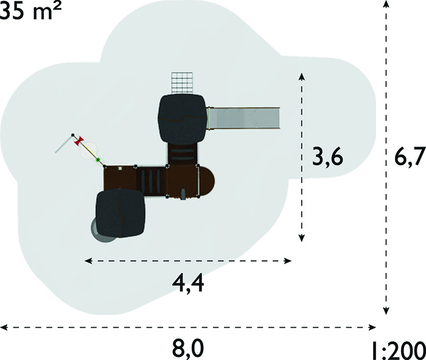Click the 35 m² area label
pyautogui.click(x=30, y=11)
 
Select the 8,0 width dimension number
pyautogui.click(x=188, y=348)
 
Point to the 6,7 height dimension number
pyautogui.click(x=410, y=157)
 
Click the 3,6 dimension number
pyautogui.click(x=327, y=157)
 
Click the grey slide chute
pyautogui.click(x=243, y=119)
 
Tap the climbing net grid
pyautogui.click(x=182, y=83)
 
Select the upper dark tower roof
pyautogui.click(x=183, y=119)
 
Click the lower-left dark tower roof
pyautogui.click(x=120, y=213)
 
